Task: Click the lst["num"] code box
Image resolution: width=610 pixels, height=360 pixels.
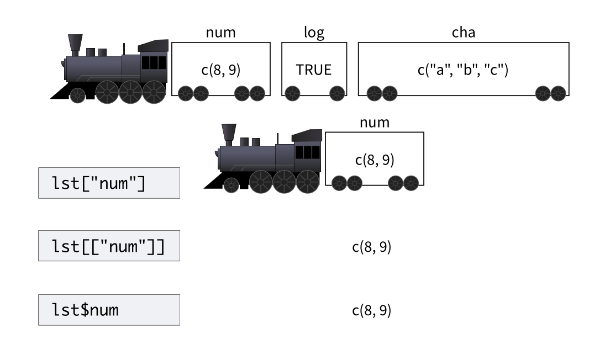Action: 109,183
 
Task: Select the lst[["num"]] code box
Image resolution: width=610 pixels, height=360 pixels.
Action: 109,246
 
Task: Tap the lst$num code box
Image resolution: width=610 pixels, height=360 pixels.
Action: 109,309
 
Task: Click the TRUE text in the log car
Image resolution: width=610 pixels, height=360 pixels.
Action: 314,70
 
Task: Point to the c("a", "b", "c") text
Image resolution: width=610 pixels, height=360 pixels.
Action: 462,70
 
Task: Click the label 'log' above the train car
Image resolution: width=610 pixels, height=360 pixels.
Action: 314,33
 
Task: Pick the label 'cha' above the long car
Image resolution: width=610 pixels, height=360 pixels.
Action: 463,33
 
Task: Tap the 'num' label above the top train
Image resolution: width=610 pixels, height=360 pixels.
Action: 220,33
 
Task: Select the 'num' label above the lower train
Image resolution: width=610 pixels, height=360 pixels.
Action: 374,123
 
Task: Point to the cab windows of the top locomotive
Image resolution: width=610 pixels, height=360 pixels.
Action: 154,62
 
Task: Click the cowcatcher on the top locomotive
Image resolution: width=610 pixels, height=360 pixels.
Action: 61,94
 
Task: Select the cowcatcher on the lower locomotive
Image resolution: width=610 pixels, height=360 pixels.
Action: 214,184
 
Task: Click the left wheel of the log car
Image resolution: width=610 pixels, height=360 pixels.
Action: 292,94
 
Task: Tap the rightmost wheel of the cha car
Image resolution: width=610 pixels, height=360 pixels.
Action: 558,94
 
